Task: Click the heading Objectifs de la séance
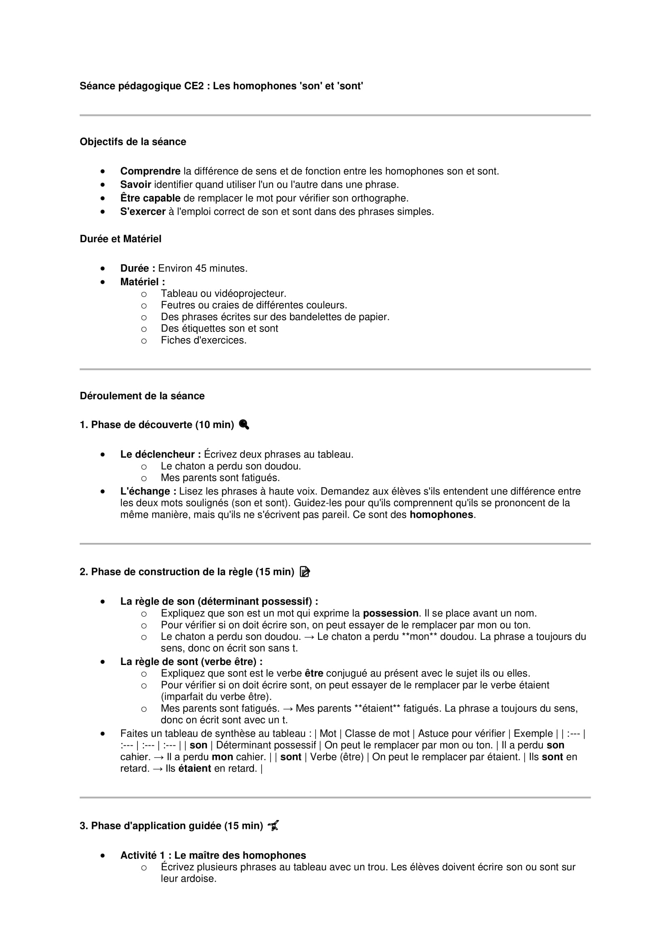133,142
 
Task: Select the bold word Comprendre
150,171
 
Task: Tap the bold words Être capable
150,198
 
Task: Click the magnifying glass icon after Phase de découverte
244,424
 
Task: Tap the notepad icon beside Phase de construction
305,572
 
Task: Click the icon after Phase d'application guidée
273,825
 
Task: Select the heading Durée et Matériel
120,239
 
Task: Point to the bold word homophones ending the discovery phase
441,514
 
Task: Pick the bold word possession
390,613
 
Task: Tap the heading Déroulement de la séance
142,396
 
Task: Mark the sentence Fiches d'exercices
203,340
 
